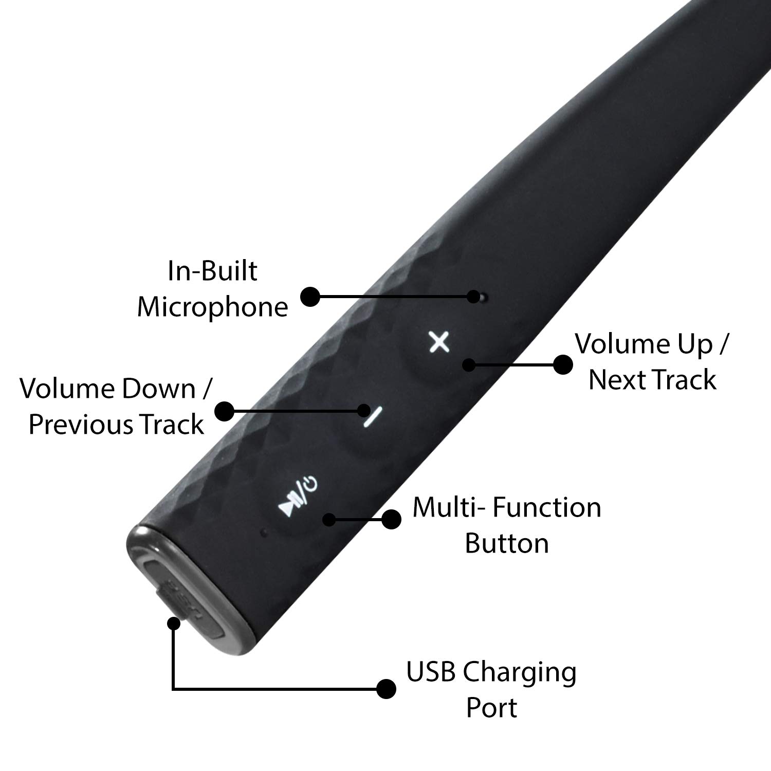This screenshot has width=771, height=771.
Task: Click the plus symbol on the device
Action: [439, 342]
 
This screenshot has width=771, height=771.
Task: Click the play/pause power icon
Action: [298, 497]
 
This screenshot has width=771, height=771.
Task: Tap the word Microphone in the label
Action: [212, 307]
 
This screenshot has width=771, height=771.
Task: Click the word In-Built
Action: [212, 271]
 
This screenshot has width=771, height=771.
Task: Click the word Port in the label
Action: [491, 708]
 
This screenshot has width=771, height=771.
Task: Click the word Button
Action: [507, 543]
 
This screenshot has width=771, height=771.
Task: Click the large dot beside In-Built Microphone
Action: [310, 297]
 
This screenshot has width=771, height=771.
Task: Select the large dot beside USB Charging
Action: [386, 689]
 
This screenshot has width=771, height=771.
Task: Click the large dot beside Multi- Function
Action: [392, 520]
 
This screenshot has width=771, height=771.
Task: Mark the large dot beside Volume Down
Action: [224, 411]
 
